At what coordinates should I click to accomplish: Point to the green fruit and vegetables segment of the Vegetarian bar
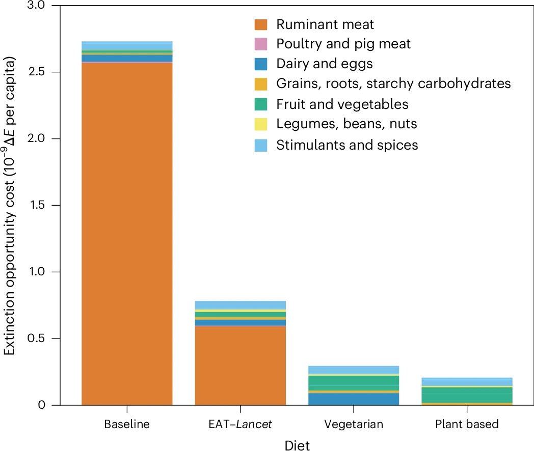pos(354,382)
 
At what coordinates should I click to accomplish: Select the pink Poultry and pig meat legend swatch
pos(261,44)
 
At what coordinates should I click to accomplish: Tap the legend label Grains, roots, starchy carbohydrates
pos(393,84)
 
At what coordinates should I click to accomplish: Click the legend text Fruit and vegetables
pos(342,104)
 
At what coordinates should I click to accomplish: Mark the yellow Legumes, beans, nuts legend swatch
pos(261,125)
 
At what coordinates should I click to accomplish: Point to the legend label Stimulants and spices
pos(347,145)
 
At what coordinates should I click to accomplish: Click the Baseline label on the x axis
pos(127,424)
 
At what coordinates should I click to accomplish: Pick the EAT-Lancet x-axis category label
pos(241,424)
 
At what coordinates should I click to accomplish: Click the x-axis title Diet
pos(297,444)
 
